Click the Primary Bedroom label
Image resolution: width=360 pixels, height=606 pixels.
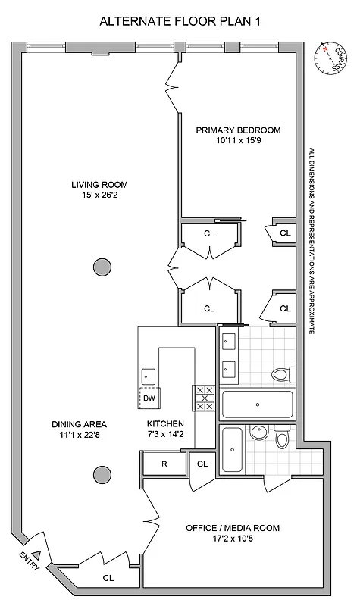click(238, 130)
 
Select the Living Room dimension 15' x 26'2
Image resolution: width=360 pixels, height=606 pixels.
click(99, 196)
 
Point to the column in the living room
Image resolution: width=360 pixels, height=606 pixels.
click(101, 266)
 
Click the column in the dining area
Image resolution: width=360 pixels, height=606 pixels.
click(101, 475)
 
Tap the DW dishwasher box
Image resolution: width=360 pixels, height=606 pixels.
click(149, 398)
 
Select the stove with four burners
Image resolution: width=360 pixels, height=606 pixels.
click(204, 398)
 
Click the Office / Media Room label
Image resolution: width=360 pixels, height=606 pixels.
click(233, 528)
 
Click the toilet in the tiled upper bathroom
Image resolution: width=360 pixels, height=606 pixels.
click(280, 373)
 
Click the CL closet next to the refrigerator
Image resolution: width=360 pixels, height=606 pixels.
click(202, 464)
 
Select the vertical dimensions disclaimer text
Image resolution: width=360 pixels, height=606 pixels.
click(311, 242)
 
